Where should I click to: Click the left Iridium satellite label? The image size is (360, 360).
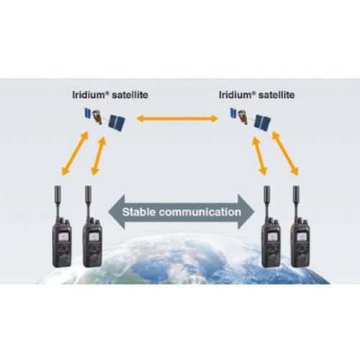click(110, 95)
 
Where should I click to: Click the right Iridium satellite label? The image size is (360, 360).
click(257, 95)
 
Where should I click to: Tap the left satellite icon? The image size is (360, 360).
click(105, 119)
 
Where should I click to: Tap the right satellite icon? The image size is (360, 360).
click(251, 119)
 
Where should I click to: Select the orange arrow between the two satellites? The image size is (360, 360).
click(177, 118)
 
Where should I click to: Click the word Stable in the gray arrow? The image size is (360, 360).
click(138, 212)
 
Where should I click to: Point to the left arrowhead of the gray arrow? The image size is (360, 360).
click(117, 212)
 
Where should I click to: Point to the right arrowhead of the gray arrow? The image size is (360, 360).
click(246, 212)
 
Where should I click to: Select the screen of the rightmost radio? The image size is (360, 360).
click(300, 237)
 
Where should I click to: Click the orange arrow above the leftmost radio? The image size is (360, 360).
click(75, 153)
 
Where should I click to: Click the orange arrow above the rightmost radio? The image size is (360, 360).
click(285, 153)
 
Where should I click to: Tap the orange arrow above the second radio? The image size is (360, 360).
click(99, 156)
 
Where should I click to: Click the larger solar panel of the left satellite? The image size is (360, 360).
click(117, 122)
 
